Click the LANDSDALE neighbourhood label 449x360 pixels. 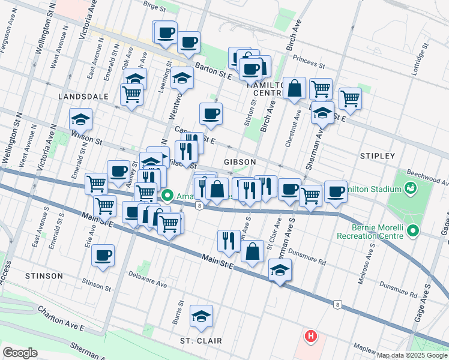click(x=83, y=96)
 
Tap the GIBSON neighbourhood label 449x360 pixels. click(x=240, y=162)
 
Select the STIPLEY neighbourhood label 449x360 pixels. click(x=378, y=155)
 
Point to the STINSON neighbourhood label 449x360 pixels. click(x=44, y=275)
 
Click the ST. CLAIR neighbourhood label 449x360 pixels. click(x=201, y=341)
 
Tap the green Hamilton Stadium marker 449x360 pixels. click(x=411, y=189)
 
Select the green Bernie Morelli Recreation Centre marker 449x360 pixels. click(x=412, y=231)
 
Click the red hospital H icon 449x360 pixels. click(x=310, y=336)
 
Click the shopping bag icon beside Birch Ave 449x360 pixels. click(x=295, y=88)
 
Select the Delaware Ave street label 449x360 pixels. click(x=147, y=278)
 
